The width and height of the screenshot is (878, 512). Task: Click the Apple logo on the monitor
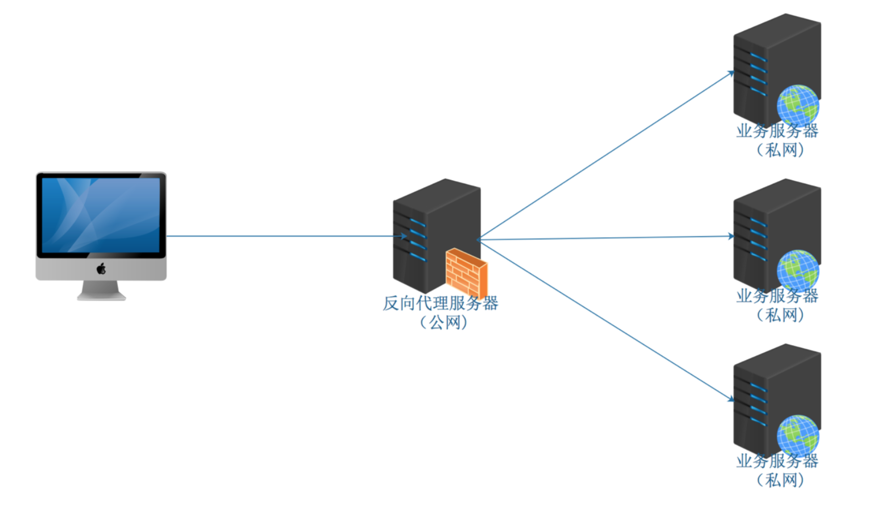pos(101,268)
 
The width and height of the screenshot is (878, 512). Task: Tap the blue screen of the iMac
pos(101,215)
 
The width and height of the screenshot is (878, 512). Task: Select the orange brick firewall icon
pos(466,272)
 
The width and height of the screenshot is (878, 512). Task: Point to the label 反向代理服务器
pos(440,303)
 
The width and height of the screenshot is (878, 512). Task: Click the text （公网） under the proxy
pos(444,323)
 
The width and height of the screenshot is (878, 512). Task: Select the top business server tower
pos(767,61)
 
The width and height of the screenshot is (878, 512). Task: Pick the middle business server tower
pos(767,225)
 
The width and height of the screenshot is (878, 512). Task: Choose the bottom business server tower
pos(767,392)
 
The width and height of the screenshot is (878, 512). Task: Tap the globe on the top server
pos(797,105)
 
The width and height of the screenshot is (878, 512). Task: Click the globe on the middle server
pos(797,270)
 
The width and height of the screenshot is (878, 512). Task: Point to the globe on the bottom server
pos(797,435)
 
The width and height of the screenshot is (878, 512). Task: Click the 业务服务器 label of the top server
pos(777,131)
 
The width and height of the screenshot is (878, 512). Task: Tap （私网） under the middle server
pos(780,315)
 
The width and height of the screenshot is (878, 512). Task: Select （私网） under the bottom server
pos(780,480)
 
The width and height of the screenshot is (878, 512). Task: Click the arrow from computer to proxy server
pos(281,236)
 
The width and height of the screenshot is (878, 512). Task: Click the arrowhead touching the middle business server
pos(731,236)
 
